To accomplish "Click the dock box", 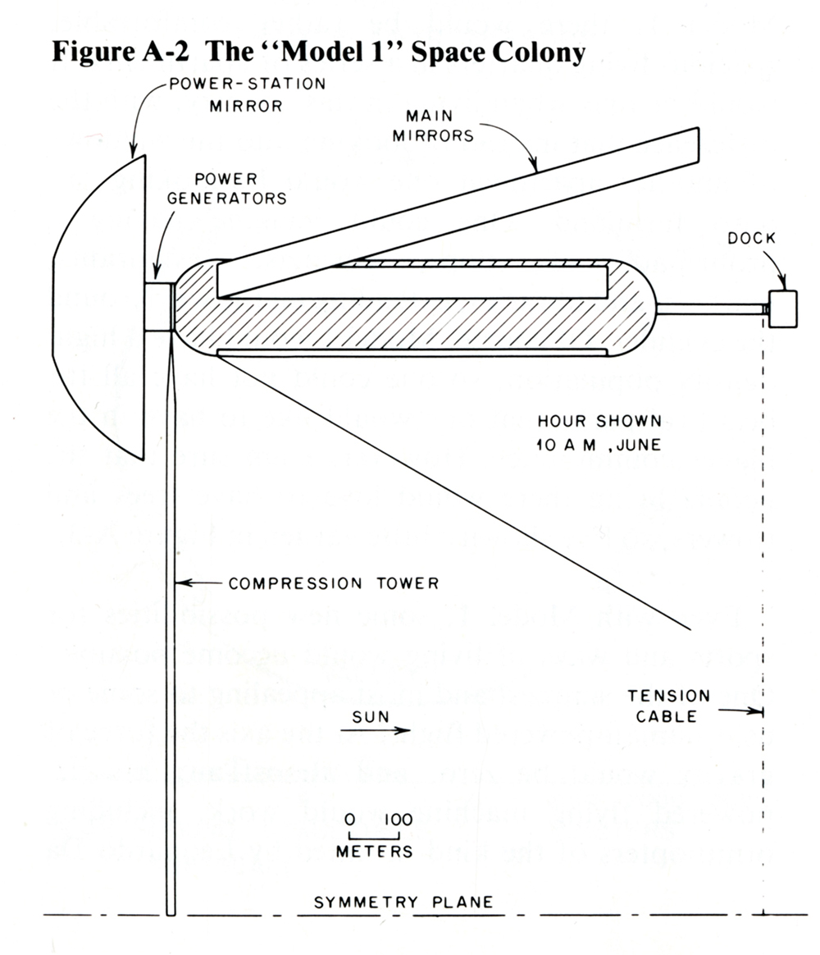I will pyautogui.click(x=782, y=310).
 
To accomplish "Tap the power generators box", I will pyautogui.click(x=159, y=307).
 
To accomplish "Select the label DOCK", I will pyautogui.click(x=751, y=239).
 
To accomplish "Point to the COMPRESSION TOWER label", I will pyautogui.click(x=334, y=583).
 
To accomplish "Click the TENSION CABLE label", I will pyautogui.click(x=669, y=706).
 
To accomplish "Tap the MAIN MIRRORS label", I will pyautogui.click(x=433, y=127).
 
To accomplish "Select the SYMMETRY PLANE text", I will pyautogui.click(x=404, y=902).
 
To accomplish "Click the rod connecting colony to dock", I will pyautogui.click(x=712, y=309).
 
